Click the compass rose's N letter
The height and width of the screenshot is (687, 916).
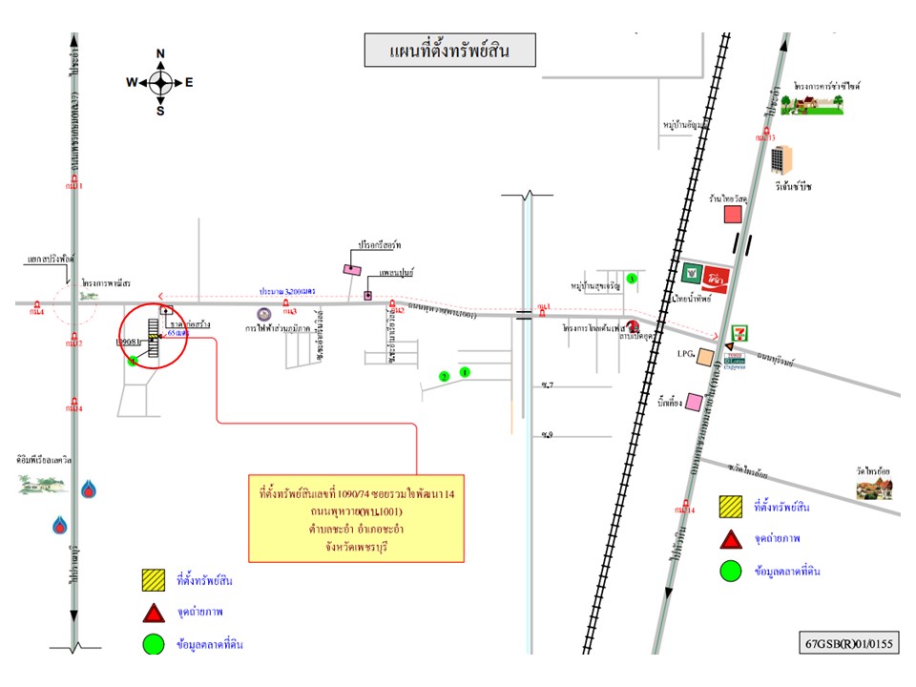click(x=160, y=53)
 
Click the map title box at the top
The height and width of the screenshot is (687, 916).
click(x=449, y=51)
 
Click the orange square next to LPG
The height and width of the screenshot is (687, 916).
click(x=704, y=357)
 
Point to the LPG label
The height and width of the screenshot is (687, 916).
click(x=681, y=354)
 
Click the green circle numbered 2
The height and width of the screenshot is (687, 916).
click(x=444, y=377)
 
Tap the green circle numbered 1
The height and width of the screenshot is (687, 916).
click(x=465, y=372)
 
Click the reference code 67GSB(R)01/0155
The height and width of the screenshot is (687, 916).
click(x=848, y=642)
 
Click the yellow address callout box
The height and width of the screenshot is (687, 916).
click(x=356, y=518)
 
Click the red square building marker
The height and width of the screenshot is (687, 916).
click(x=733, y=215)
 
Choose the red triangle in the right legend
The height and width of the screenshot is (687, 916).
click(x=732, y=541)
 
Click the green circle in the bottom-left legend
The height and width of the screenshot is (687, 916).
click(x=153, y=644)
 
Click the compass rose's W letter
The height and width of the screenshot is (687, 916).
click(x=132, y=82)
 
